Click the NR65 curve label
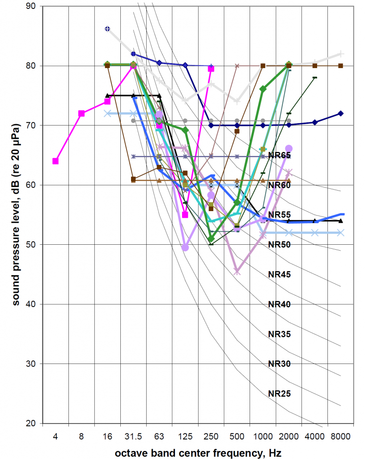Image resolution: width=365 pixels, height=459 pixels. (x=280, y=156)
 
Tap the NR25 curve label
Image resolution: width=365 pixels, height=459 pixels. (x=280, y=394)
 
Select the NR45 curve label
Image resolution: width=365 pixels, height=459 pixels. (x=280, y=274)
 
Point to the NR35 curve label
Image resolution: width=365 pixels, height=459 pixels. (x=280, y=334)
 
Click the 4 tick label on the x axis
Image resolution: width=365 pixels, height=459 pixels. (x=55, y=436)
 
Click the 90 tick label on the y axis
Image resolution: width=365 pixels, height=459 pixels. (x=32, y=6)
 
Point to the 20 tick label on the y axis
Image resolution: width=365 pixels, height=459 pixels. (x=32, y=423)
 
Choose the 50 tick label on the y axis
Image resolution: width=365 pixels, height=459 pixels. (x=32, y=244)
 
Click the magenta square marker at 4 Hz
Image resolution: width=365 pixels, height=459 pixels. (x=55, y=161)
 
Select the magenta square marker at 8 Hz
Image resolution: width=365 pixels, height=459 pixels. (x=81, y=113)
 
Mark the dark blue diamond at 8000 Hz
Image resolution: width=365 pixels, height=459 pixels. (x=340, y=113)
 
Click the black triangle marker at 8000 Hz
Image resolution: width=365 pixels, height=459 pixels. (x=340, y=221)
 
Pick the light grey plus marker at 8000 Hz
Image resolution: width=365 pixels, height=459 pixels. (x=340, y=54)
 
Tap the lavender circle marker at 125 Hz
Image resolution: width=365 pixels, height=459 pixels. (x=185, y=247)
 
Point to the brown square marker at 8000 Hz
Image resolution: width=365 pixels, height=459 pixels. (x=340, y=66)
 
